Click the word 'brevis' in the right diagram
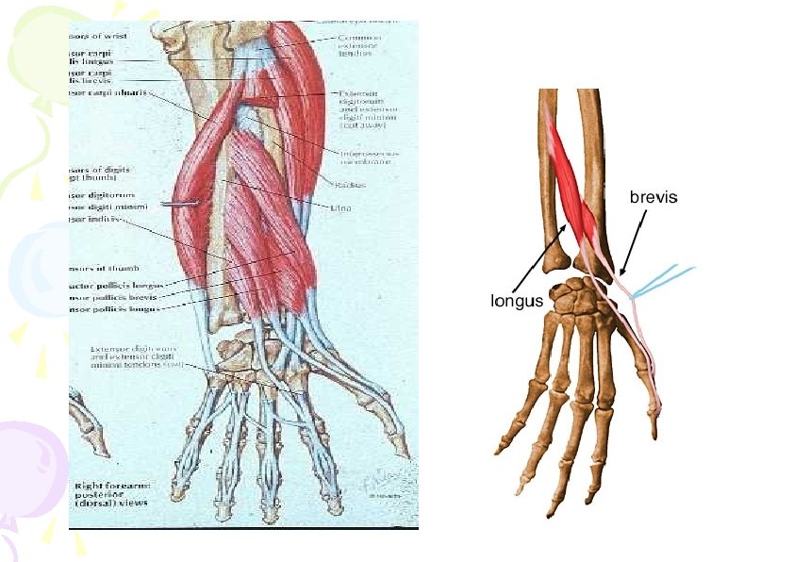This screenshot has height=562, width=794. (x=653, y=198)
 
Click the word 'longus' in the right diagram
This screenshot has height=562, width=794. (x=517, y=301)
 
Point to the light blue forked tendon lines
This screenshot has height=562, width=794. (x=665, y=280)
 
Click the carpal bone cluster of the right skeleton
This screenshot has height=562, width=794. (x=578, y=301)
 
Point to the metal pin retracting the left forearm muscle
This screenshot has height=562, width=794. (x=183, y=204)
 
